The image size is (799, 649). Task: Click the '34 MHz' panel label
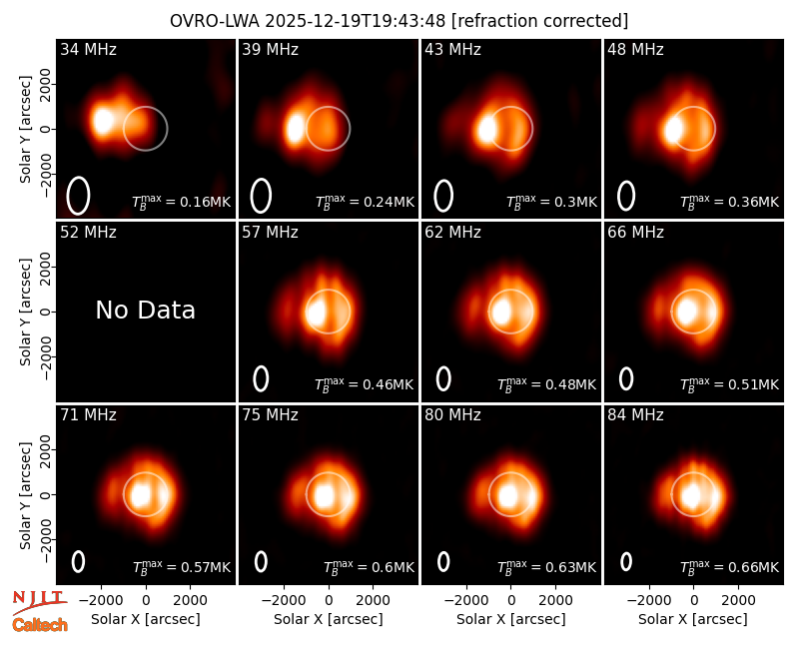click(x=88, y=49)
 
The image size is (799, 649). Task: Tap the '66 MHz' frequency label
click(x=635, y=233)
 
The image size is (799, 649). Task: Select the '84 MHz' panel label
click(x=635, y=415)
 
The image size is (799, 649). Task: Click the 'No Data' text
click(x=145, y=310)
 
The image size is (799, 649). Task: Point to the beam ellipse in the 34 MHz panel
click(x=79, y=196)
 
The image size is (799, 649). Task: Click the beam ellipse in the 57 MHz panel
click(x=261, y=379)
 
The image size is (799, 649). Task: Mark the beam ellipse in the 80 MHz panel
click(x=443, y=562)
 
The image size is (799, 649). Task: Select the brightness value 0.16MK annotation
click(x=182, y=202)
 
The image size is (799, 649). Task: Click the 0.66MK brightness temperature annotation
click(x=730, y=566)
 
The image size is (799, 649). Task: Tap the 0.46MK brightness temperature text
click(x=364, y=383)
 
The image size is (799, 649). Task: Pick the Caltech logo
click(x=40, y=625)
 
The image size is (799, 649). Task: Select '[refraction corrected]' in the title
click(x=539, y=21)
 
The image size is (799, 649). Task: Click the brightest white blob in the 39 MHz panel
click(x=295, y=129)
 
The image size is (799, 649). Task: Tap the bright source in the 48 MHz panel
click(x=673, y=130)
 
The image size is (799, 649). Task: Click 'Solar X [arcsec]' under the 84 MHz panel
click(x=693, y=619)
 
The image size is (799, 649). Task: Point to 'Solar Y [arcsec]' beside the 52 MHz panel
click(x=25, y=312)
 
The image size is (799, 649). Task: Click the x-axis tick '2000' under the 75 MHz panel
click(x=373, y=600)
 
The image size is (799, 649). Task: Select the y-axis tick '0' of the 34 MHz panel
click(x=46, y=129)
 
